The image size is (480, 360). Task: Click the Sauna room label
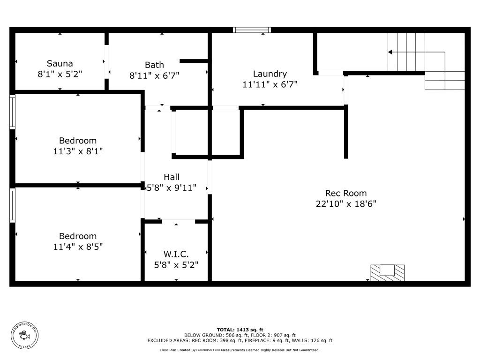point(60,63)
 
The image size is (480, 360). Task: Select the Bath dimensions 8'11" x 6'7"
point(154,75)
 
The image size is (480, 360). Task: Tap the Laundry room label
point(270,74)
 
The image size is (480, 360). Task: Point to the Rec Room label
point(346,193)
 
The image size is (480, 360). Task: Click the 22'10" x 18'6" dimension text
point(346,204)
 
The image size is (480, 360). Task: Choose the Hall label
point(172,177)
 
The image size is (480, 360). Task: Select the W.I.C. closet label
point(176,254)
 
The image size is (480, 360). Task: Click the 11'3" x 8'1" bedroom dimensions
point(78,151)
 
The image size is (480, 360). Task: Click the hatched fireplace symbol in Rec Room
point(387,272)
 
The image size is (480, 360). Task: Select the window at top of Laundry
point(252,30)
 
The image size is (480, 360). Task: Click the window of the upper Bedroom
point(13,112)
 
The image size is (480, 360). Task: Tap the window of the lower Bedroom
point(13,205)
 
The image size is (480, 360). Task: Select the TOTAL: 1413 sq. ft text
point(240,330)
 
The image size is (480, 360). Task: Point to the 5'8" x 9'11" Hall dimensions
point(172,187)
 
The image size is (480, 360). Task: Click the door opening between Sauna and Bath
point(106,61)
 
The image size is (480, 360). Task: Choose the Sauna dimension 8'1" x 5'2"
point(60,74)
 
